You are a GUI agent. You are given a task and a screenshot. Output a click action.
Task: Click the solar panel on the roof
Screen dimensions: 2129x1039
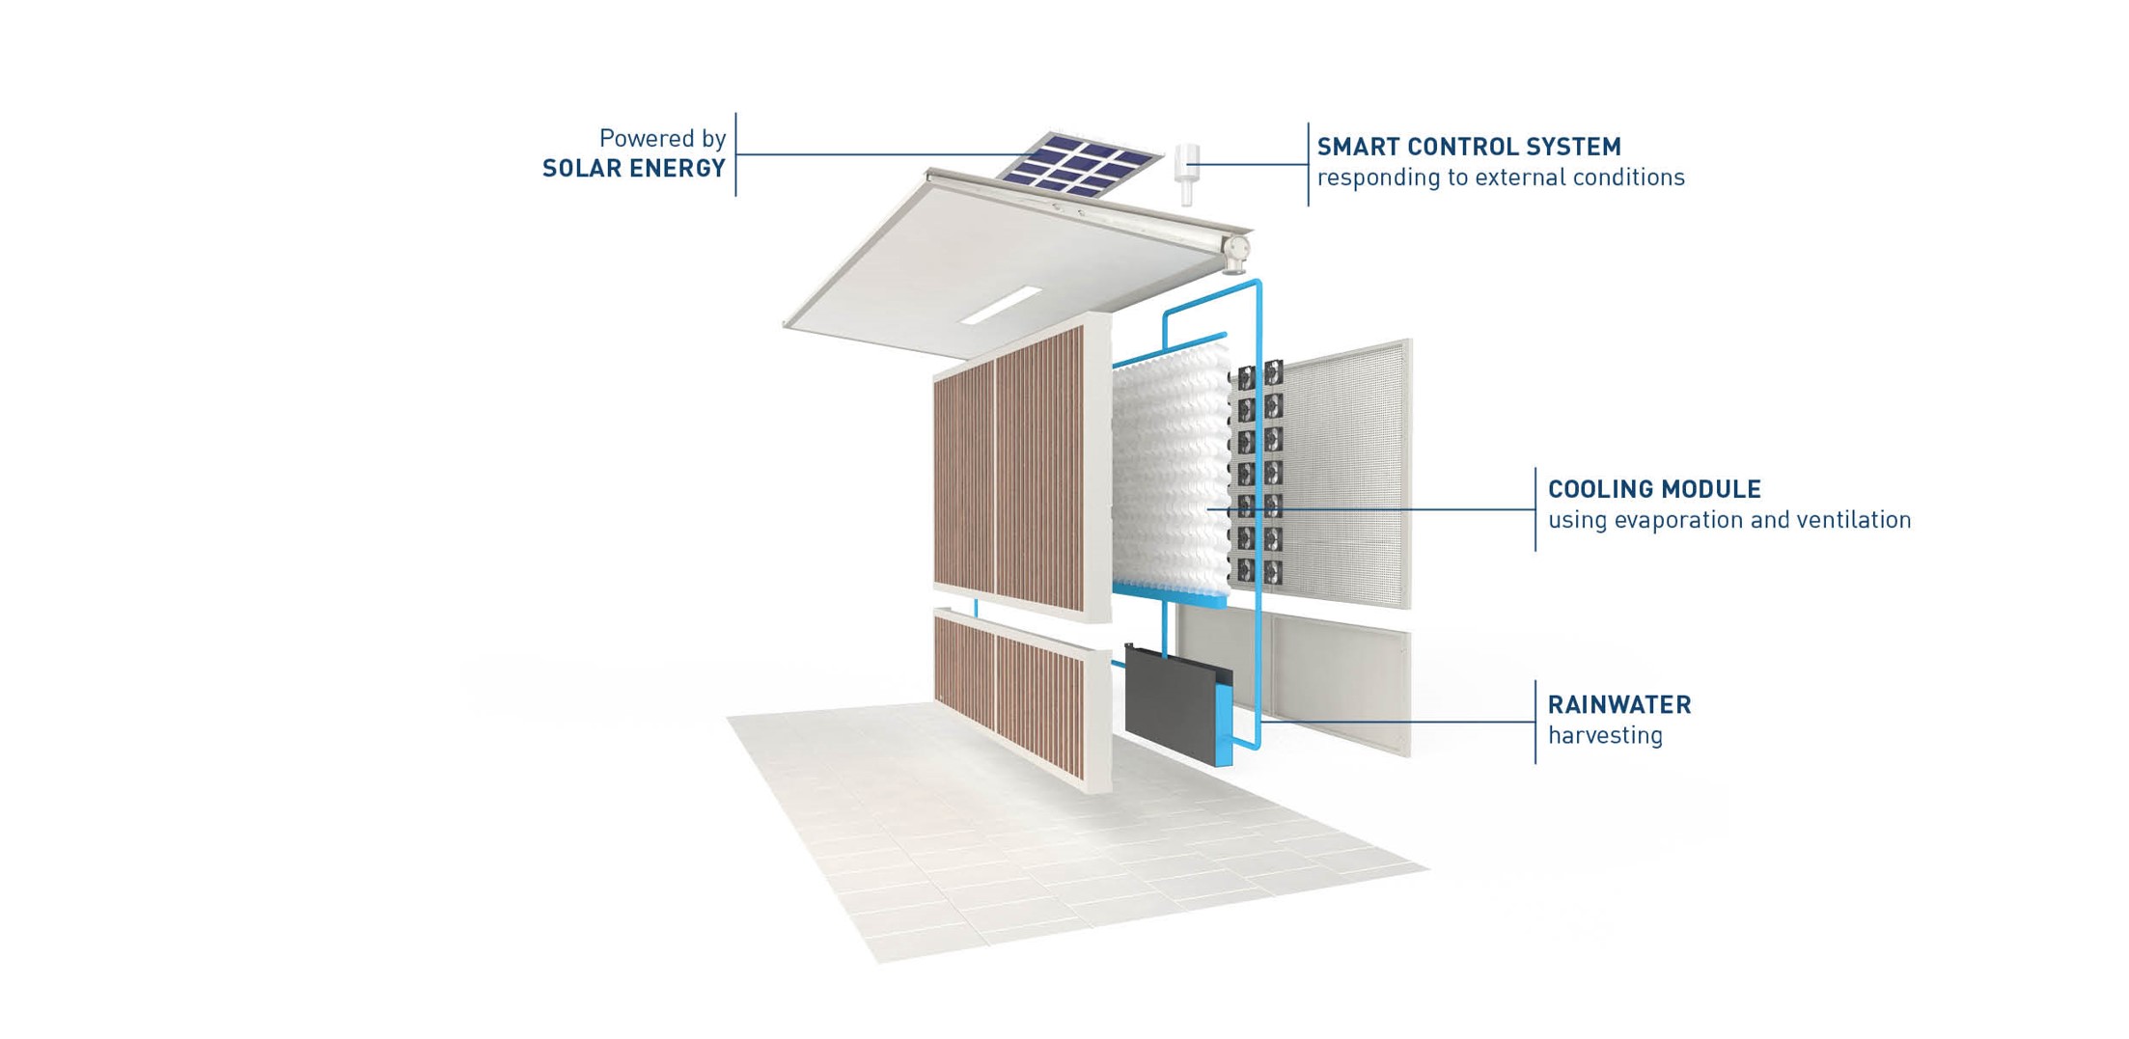coord(1078,164)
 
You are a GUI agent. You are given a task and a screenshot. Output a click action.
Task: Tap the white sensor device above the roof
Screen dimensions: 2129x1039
coord(1186,174)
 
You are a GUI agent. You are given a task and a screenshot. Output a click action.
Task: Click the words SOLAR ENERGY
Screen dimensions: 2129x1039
coord(634,169)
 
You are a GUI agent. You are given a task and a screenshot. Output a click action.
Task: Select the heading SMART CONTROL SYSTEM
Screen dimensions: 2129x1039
coord(1469,148)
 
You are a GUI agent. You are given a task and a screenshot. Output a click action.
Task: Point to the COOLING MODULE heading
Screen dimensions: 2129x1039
coord(1654,489)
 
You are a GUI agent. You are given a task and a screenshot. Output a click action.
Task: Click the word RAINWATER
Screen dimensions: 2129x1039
coord(1619,705)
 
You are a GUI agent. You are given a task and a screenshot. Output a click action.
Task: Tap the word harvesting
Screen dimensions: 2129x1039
coord(1605,735)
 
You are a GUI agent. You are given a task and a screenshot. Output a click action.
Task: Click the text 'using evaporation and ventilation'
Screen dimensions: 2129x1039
coord(1729,520)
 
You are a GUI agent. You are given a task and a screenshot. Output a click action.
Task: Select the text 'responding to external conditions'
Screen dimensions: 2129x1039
coord(1501,178)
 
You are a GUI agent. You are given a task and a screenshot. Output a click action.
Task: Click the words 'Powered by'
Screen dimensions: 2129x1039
coord(662,139)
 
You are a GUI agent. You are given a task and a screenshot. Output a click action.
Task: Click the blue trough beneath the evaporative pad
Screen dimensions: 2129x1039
coord(1169,594)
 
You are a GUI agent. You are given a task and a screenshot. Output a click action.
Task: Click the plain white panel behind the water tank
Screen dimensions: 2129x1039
coord(1336,687)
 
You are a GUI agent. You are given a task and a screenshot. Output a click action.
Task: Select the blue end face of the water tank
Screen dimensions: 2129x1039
coord(1224,724)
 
